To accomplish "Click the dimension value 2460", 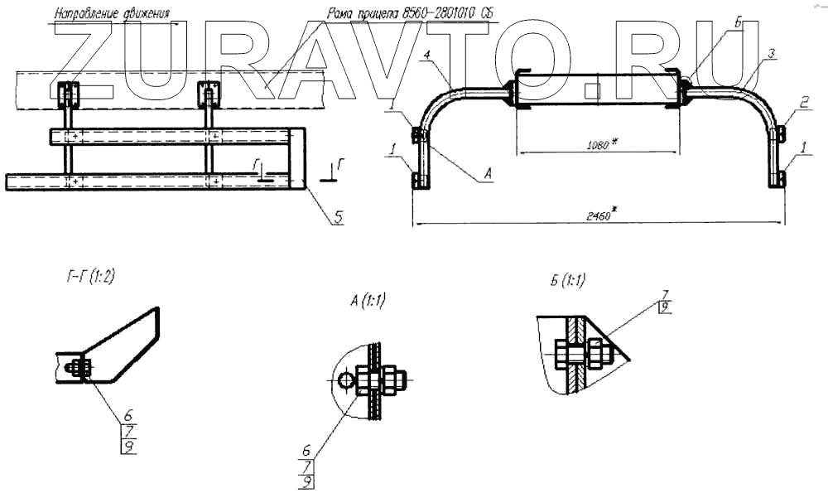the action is [x=595, y=215].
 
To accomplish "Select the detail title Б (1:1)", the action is [x=567, y=280].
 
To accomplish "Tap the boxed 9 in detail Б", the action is [x=663, y=308].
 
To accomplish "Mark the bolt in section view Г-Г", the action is [x=78, y=367].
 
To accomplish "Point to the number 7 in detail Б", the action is [x=663, y=294].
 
